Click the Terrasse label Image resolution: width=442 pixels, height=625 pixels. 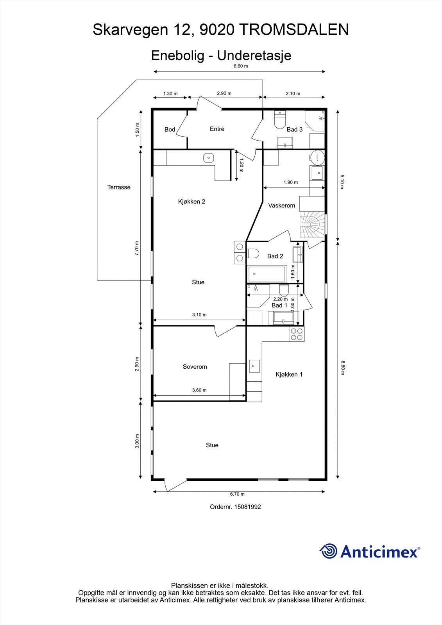(x=119, y=187)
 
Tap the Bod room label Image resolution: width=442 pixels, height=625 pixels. (x=170, y=129)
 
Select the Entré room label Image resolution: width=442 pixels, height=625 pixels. (x=217, y=129)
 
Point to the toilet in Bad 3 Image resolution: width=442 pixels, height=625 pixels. (x=280, y=119)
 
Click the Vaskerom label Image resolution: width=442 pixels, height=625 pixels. (x=281, y=205)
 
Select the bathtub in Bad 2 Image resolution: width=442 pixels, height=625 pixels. (x=267, y=274)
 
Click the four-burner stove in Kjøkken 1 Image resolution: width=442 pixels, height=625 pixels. (x=297, y=334)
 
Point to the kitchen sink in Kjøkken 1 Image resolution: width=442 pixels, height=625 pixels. (x=254, y=366)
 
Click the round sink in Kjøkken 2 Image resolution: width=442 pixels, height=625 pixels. (x=208, y=158)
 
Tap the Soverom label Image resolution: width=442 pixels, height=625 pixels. (x=195, y=367)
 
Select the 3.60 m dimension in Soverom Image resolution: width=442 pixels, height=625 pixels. (x=199, y=390)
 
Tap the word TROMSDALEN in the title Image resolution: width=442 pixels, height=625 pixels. (x=294, y=30)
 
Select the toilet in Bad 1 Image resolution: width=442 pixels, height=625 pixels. (x=284, y=290)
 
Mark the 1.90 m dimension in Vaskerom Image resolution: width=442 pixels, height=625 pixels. (x=291, y=182)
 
